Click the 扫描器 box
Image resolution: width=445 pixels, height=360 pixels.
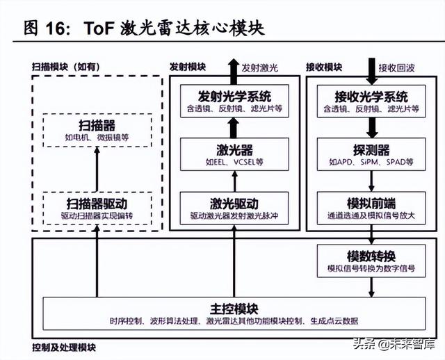97,131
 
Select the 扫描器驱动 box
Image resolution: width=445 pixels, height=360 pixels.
97,209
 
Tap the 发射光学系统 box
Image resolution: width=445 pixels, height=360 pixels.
234,101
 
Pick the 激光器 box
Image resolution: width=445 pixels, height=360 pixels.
234,154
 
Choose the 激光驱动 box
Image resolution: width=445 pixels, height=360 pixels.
234,209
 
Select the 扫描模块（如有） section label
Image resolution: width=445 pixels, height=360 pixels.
67,67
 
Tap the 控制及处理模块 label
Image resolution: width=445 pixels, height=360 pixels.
64,347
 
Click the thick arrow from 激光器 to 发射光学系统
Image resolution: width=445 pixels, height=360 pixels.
234,128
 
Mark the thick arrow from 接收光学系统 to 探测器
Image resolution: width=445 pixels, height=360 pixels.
372,128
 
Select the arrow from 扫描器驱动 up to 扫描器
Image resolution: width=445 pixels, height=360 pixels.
97,170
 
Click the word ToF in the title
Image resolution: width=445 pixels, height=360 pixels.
103,28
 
